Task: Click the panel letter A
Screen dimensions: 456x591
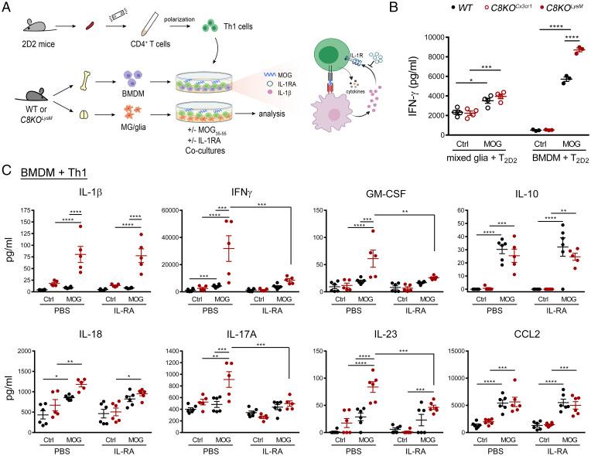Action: click(x=8, y=8)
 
